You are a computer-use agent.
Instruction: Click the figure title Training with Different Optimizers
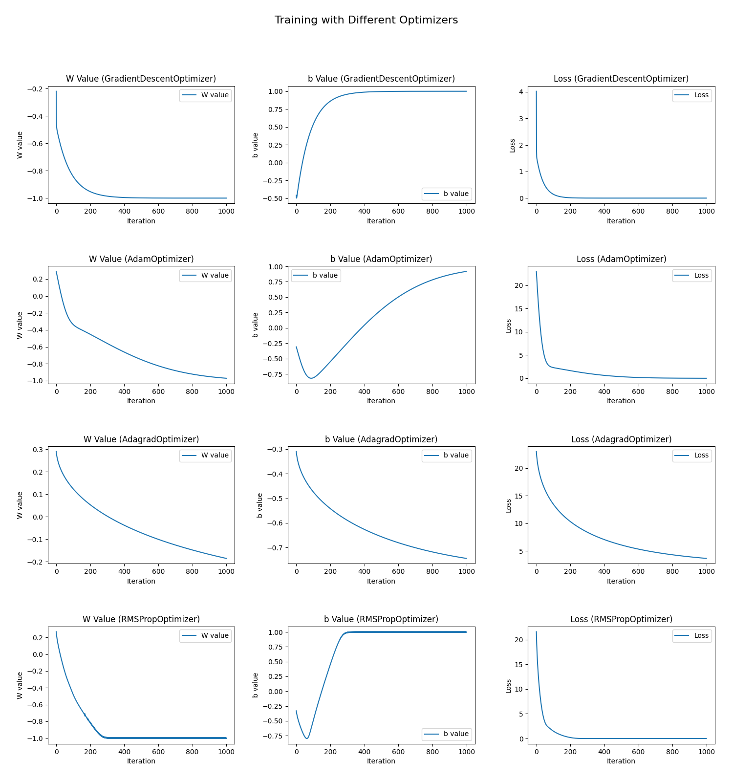[366, 20]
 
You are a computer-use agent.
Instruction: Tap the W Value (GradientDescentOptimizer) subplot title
[141, 79]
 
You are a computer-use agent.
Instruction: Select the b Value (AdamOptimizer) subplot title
[381, 259]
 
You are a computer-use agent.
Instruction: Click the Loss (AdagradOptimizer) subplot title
[621, 439]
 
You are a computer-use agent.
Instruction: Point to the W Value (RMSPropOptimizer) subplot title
[141, 619]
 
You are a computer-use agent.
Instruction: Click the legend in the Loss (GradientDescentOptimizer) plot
[691, 95]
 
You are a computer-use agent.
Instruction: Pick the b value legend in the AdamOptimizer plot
[316, 276]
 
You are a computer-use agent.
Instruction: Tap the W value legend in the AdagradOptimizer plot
[205, 456]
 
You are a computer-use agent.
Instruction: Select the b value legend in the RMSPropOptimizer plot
[447, 734]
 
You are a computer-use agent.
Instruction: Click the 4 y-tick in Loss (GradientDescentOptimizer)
[521, 92]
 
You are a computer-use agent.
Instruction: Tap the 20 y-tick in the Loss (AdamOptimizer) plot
[519, 285]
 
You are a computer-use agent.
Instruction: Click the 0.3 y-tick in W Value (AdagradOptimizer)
[38, 450]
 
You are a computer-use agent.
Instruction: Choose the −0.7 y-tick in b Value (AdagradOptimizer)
[276, 548]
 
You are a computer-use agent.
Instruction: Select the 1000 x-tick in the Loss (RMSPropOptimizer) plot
[706, 752]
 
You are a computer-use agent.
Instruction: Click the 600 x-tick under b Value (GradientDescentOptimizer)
[398, 211]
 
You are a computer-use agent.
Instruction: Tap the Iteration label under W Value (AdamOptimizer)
[141, 401]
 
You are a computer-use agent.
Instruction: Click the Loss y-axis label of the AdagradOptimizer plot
[509, 505]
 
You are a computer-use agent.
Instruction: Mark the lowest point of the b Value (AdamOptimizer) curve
[311, 378]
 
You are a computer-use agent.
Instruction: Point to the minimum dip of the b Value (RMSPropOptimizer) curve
[307, 739]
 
